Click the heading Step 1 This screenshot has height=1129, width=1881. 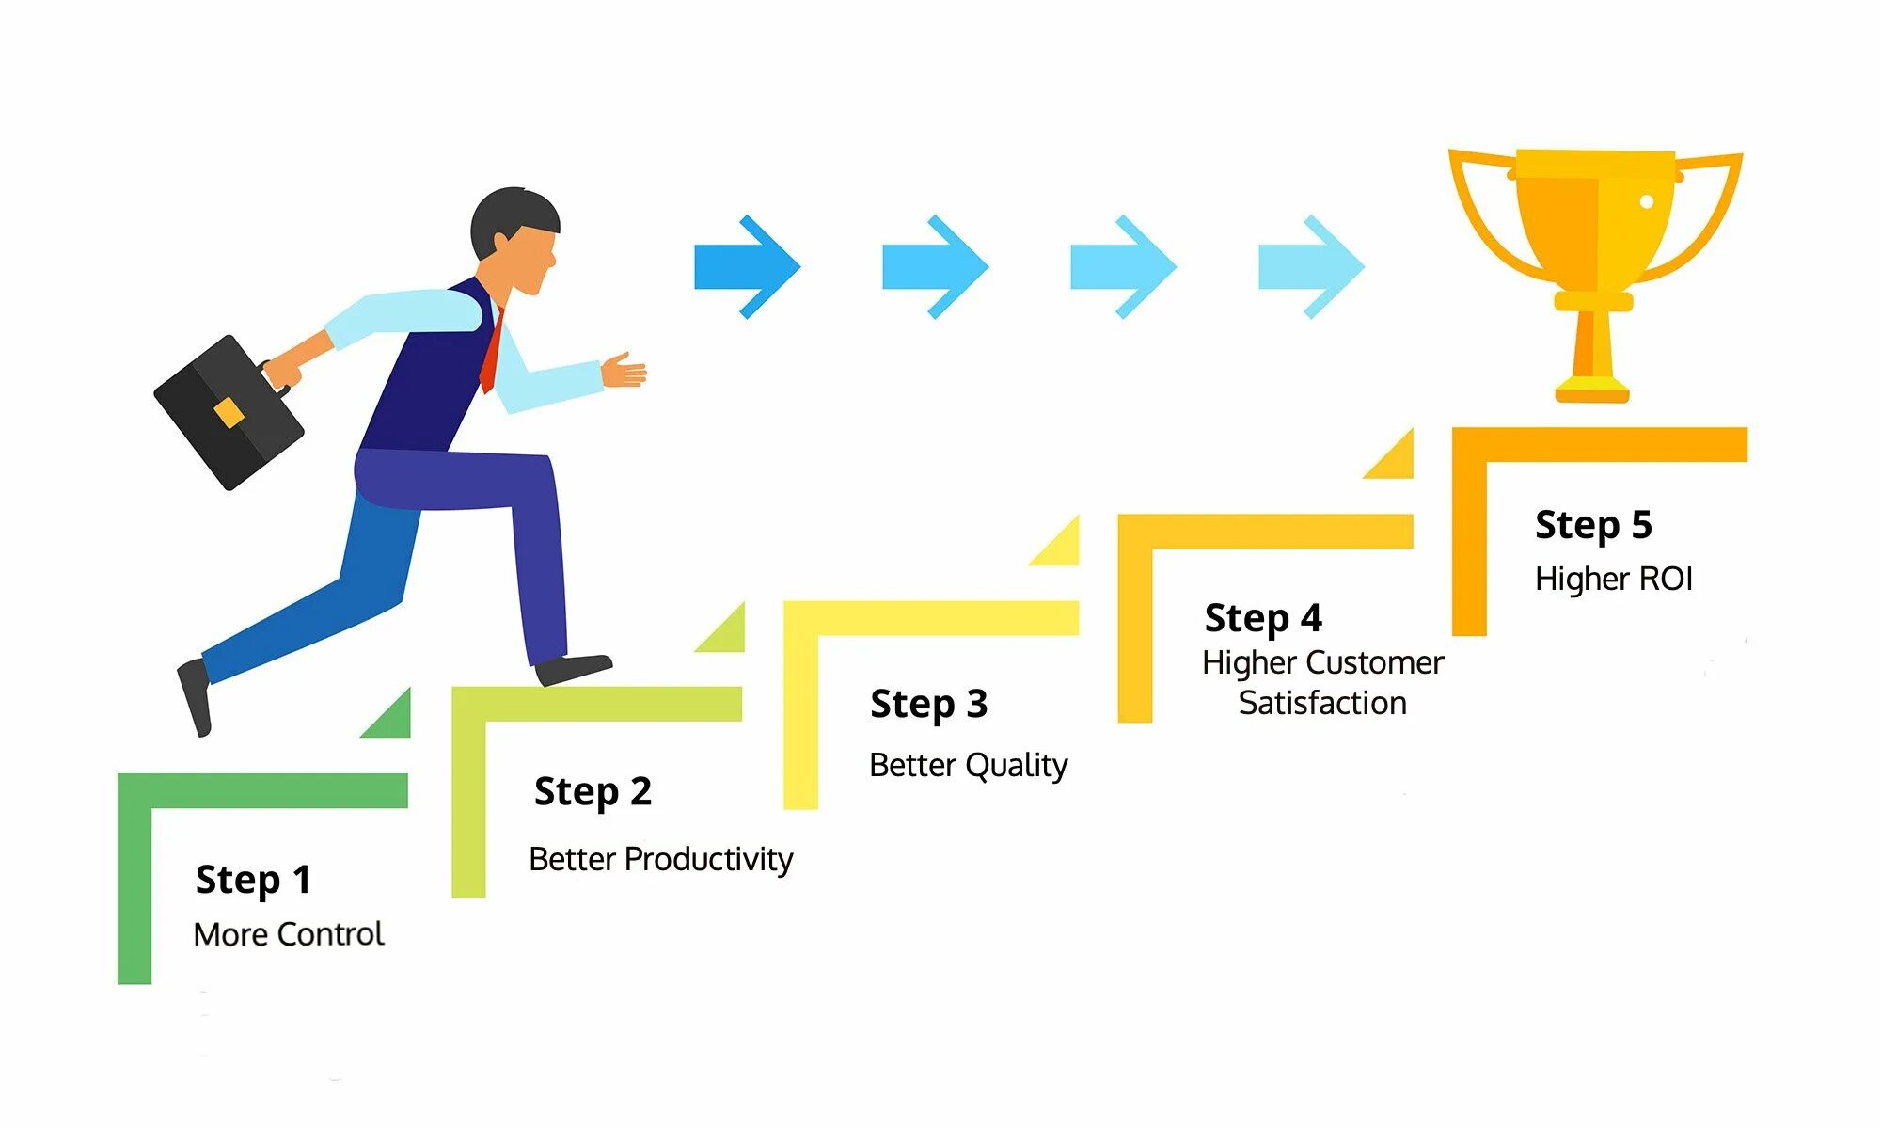tap(253, 881)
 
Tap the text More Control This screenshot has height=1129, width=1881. tap(289, 934)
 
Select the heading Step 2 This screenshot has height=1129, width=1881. tap(593, 792)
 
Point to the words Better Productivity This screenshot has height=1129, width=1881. tap(660, 859)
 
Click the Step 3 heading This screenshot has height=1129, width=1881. tap(928, 705)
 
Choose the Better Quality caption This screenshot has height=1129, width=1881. tap(968, 765)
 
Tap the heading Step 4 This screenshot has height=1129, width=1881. tap(1263, 619)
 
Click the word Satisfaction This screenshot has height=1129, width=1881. tap(1322, 703)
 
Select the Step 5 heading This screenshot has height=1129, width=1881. tap(1593, 525)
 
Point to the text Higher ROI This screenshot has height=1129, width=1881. tap(1613, 579)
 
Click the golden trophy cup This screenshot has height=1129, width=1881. tap(1595, 245)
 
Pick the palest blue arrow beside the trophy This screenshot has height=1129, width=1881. tap(1310, 267)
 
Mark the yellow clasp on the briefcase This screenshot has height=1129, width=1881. tap(229, 412)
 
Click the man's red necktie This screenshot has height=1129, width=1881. tap(491, 353)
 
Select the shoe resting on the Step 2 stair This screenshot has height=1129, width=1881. tap(573, 669)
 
